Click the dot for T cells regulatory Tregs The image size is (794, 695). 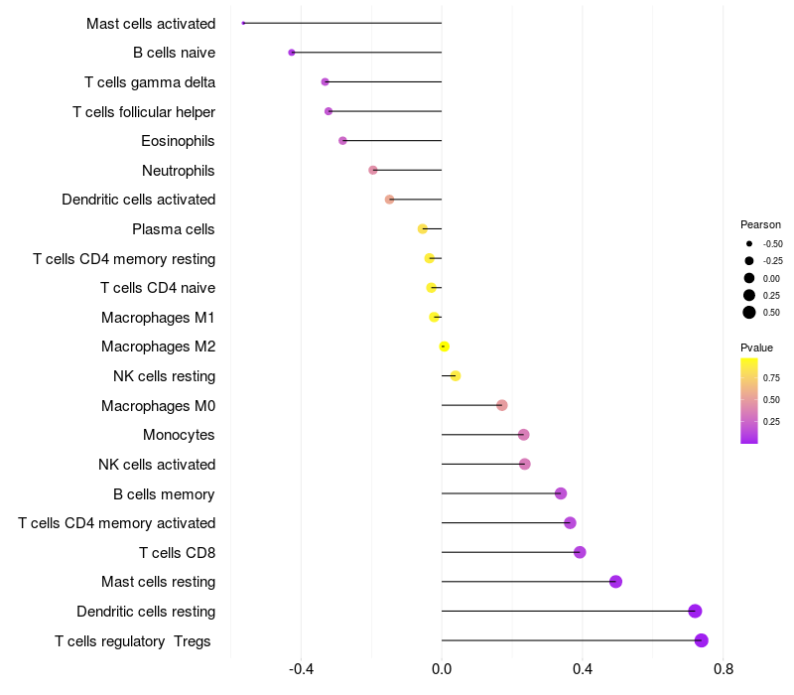[x=702, y=640]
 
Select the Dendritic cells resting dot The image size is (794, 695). [x=695, y=611]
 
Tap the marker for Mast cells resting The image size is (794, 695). [x=615, y=582]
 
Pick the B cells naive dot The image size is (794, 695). [x=292, y=53]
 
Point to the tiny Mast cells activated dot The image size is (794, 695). [x=243, y=23]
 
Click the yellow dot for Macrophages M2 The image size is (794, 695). [x=445, y=347]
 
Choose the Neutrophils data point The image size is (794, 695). [x=373, y=170]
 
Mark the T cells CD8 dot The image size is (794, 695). [x=580, y=552]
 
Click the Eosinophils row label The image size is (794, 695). [x=178, y=141]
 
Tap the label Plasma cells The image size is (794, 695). [x=173, y=229]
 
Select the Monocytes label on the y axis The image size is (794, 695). [x=179, y=435]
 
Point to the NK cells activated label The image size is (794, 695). [x=157, y=465]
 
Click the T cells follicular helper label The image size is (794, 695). [x=144, y=111]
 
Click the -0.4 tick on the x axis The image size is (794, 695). [x=301, y=669]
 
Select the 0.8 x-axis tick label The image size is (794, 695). [x=724, y=669]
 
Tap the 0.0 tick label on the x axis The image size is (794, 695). [x=442, y=669]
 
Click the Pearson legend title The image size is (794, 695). [x=760, y=224]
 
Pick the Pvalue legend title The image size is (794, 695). [x=756, y=347]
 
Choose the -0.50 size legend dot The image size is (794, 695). [x=749, y=243]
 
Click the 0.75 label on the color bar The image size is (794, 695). [x=772, y=377]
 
